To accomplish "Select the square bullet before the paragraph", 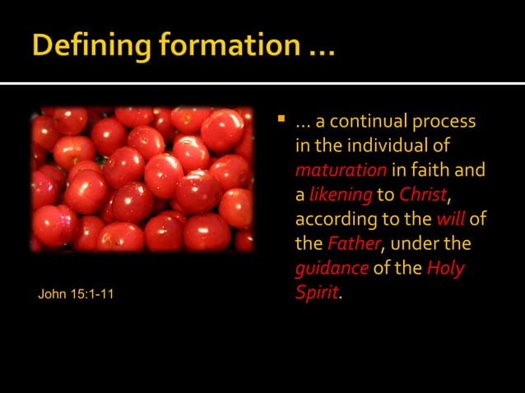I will pyautogui.click(x=281, y=120).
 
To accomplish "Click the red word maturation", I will pyautogui.click(x=341, y=171).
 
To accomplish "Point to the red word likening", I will pyautogui.click(x=340, y=196).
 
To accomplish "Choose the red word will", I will pyautogui.click(x=450, y=220).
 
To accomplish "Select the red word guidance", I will pyautogui.click(x=332, y=269).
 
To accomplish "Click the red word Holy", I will pyautogui.click(x=445, y=269).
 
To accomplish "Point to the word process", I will pyautogui.click(x=444, y=122).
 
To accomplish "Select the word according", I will pyautogui.click(x=334, y=220).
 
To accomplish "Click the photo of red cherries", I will pyautogui.click(x=142, y=178).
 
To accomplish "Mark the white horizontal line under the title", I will pyautogui.click(x=262, y=83).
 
